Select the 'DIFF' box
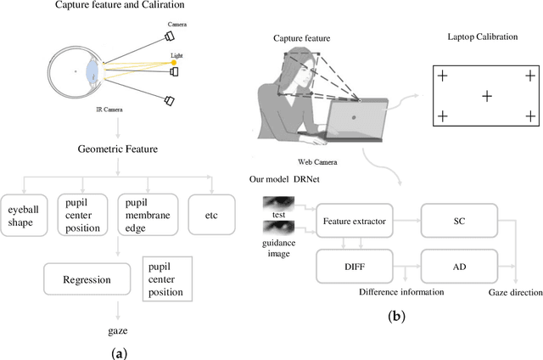click(x=355, y=265)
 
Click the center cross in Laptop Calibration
click(x=486, y=96)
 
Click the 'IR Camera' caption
click(x=112, y=110)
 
